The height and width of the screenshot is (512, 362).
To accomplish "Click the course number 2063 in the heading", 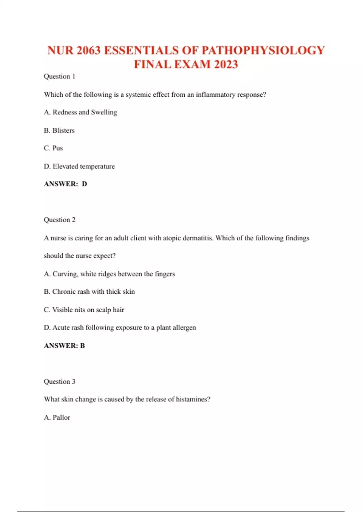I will tap(88, 51).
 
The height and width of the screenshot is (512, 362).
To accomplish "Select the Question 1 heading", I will tap(59, 76).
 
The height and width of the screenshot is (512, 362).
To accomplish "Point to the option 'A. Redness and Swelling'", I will tap(80, 112).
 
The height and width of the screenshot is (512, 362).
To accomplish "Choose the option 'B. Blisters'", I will tap(59, 130).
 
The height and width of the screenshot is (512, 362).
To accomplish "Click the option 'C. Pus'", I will tap(53, 148).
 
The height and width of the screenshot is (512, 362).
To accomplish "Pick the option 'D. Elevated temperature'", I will tap(79, 166).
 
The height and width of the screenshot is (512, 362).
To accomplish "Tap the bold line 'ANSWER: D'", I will tap(65, 184).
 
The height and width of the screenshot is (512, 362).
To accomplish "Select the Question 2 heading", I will tap(59, 220).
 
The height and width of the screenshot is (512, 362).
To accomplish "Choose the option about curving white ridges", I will tap(109, 274).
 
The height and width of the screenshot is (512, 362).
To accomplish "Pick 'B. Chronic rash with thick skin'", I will tap(89, 292).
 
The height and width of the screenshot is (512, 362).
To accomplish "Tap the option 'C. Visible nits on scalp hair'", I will tap(84, 310).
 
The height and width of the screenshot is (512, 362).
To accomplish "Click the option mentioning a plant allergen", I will tap(120, 328).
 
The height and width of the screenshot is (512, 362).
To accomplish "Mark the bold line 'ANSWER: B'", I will tap(64, 346).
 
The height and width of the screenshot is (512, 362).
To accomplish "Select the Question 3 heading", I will tap(59, 382).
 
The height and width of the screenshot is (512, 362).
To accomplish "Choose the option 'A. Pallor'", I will tap(57, 417).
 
